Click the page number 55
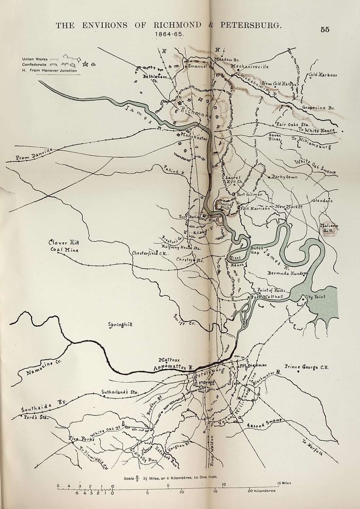325,29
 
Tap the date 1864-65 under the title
170,34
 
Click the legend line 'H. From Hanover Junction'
49,70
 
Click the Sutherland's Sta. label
120,391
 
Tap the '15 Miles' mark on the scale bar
284,483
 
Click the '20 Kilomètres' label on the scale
261,491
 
